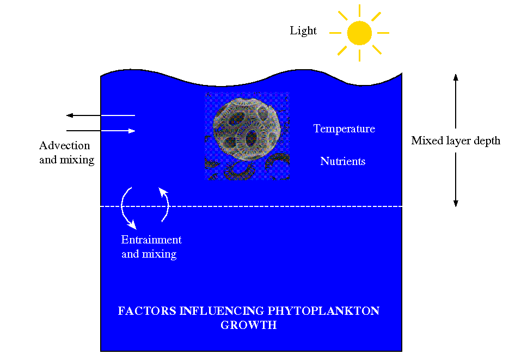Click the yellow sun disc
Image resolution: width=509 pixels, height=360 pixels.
pos(359,33)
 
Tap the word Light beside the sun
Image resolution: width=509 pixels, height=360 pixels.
pos(303,30)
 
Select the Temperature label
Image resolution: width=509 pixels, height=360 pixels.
pos(344,129)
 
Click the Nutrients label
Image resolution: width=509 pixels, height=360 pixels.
pos(343,161)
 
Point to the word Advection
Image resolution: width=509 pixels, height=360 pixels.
pos(65,145)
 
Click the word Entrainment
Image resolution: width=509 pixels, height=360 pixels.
pos(151,240)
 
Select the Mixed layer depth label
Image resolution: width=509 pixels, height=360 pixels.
pos(456,141)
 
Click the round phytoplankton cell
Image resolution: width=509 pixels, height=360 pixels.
pos(247,129)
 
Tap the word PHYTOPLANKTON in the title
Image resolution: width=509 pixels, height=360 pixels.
pos(323,310)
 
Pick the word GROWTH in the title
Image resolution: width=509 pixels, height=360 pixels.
pos(249,325)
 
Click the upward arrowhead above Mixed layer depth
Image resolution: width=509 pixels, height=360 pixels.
pos(456,77)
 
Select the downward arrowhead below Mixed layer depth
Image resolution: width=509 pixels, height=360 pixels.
pos(456,204)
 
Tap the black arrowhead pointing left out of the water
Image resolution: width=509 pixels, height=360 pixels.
pos(70,115)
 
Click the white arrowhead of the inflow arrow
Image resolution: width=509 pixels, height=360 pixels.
pos(132,131)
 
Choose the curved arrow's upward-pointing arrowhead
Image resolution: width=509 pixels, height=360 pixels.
pos(163,192)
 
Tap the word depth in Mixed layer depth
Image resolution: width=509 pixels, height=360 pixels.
pos(487,141)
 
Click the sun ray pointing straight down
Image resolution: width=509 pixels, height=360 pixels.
pos(359,56)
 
